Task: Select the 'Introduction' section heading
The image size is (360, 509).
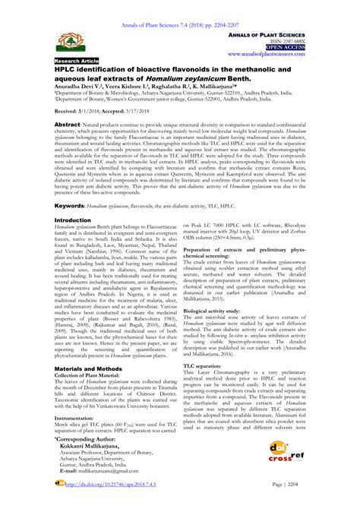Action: click(73, 219)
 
